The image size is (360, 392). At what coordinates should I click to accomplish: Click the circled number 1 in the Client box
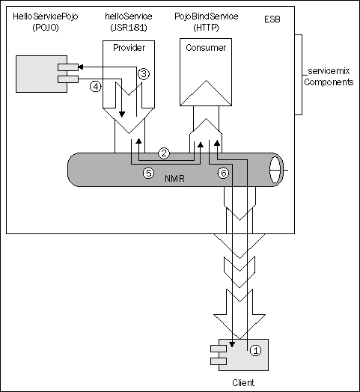pos(255,350)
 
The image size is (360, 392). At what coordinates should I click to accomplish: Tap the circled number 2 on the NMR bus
pos(164,153)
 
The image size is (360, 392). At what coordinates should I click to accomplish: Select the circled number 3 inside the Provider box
pos(144,74)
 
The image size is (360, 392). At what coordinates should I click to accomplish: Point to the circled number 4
pos(95,87)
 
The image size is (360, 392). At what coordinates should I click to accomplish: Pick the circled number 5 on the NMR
pos(149,173)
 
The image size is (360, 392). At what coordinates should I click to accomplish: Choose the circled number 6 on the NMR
pos(223,173)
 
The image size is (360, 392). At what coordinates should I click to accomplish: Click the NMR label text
pos(174,179)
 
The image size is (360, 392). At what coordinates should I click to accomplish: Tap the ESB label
pos(272,19)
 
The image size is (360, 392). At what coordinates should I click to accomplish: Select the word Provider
pos(129,47)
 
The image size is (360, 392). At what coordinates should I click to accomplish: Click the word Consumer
pos(206,47)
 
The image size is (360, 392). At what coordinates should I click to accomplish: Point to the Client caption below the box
pos(243,382)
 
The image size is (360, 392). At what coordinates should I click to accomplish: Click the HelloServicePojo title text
pos(46,16)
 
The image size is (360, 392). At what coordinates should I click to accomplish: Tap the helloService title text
pos(129,16)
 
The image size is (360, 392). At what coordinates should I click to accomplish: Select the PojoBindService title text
pos(206,16)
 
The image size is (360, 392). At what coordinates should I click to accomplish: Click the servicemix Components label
pos(329,76)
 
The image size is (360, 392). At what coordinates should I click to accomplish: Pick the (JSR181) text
pos(129,28)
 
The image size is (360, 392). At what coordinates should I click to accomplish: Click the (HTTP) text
pos(206,28)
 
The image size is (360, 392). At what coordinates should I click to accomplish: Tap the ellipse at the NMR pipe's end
pos(276,170)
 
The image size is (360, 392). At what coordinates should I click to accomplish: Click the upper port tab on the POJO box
pos(68,67)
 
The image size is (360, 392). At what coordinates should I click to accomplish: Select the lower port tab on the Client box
pos(219,361)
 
